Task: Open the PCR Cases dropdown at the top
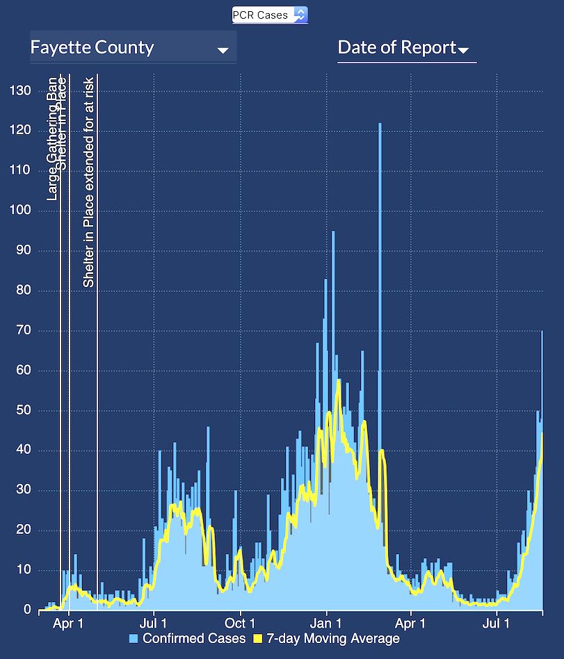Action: [270, 15]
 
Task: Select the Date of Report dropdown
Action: [403, 48]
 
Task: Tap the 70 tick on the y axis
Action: [24, 330]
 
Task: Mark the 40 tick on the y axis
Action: [24, 450]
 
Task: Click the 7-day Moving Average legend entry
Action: [333, 638]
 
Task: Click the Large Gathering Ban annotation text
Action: [52, 139]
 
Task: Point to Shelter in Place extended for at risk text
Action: [88, 188]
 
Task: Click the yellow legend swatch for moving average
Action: [257, 638]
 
